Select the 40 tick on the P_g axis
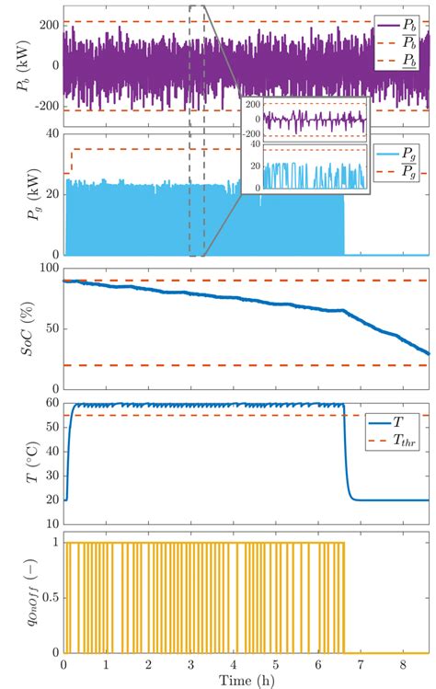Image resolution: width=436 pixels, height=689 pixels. tap(52, 134)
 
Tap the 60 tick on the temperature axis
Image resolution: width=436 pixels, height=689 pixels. tap(52, 401)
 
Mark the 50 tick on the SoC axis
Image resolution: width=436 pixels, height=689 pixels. tap(52, 327)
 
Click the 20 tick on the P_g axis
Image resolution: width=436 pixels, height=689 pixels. tap(52, 194)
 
